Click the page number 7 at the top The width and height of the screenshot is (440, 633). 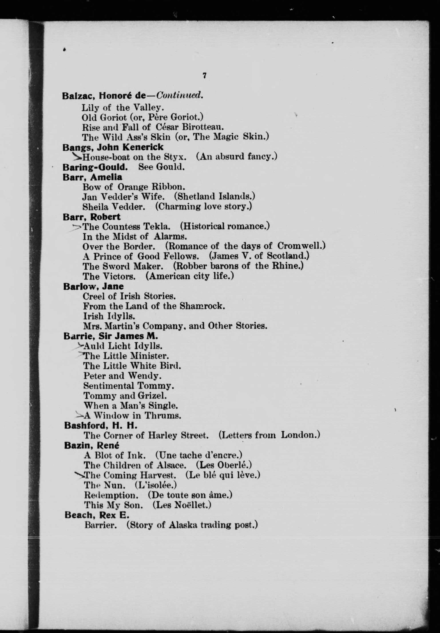coord(204,76)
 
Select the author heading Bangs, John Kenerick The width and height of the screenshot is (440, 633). coord(113,147)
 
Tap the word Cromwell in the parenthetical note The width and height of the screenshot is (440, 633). coord(301,246)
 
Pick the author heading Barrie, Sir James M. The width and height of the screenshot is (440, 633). coord(111,336)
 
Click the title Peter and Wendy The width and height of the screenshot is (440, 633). coord(122,376)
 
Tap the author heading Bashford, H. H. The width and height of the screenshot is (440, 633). coord(101,426)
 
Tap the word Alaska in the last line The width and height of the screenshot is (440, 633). coord(183,525)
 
